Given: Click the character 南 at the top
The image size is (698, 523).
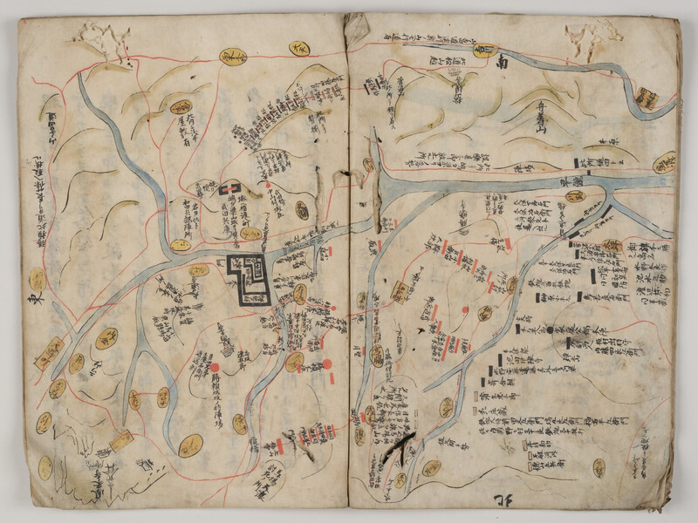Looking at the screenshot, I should [x=502, y=63].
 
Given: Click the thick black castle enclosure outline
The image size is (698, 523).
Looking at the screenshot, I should [x=252, y=279].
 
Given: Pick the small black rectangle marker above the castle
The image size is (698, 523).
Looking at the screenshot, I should [x=230, y=189].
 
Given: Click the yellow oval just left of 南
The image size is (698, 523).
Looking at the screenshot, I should [x=481, y=51].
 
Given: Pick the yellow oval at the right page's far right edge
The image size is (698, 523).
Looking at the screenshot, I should [x=666, y=163].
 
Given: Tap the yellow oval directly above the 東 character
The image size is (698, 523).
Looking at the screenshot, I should [x=38, y=279].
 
